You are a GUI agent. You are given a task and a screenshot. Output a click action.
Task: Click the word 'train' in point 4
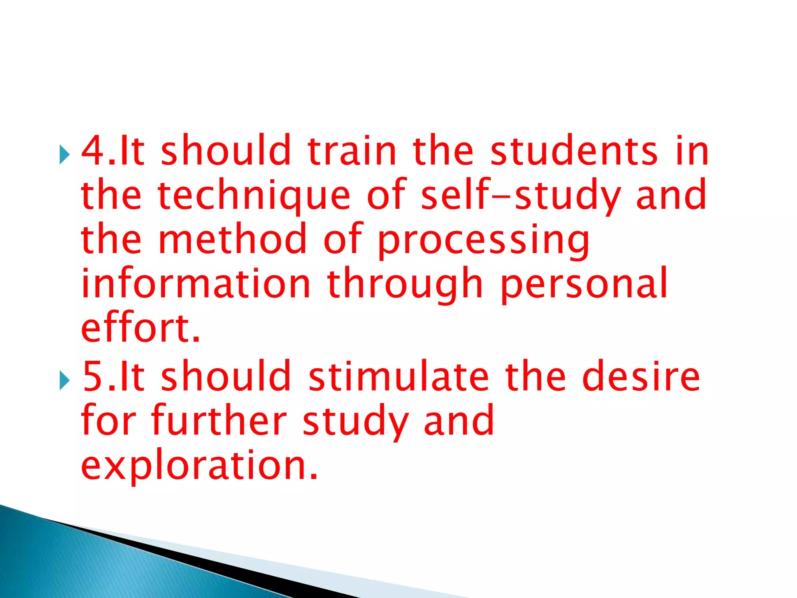[x=352, y=151]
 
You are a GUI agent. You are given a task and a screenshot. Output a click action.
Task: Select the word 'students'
[x=574, y=151]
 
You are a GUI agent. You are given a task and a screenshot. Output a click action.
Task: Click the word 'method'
[x=233, y=239]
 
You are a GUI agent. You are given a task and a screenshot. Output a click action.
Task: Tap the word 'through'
[x=405, y=284]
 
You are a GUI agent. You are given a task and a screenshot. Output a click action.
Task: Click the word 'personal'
[x=584, y=284]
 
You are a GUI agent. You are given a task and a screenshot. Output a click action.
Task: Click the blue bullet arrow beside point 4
[x=64, y=155]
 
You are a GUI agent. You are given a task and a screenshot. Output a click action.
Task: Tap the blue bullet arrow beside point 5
[x=64, y=380]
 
